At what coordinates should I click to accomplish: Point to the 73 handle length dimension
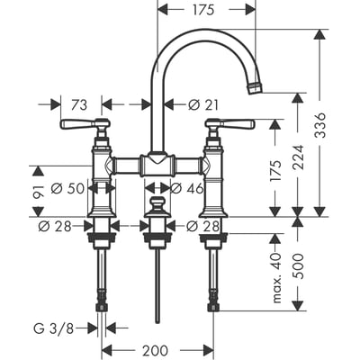pos(78,104)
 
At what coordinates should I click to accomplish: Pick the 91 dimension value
pos(38,190)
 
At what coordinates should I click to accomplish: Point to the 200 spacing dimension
pos(158,349)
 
